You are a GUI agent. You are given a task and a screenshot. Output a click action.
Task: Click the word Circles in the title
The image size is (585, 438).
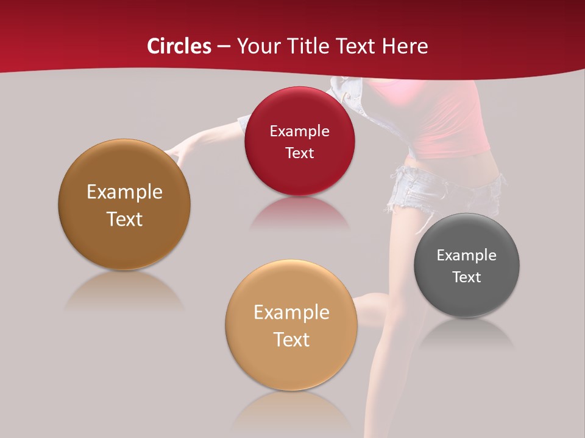(x=179, y=46)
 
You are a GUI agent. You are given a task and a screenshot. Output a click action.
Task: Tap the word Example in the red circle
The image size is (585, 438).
(x=299, y=131)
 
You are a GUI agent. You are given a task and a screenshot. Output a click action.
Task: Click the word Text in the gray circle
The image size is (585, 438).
(x=467, y=277)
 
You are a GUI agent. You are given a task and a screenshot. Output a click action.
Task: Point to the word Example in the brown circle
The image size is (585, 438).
(x=124, y=192)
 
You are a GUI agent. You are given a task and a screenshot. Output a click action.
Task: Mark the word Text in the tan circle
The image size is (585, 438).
(x=291, y=339)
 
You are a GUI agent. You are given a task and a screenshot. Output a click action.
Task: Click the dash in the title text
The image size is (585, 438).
(x=223, y=47)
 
